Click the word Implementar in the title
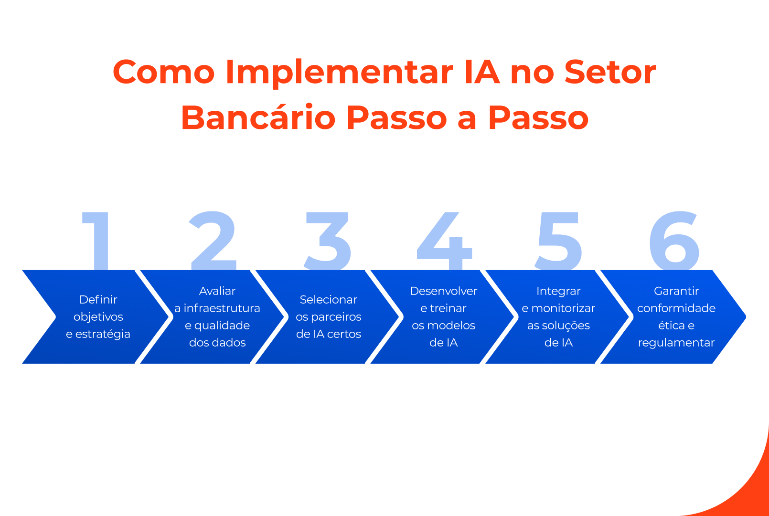339,73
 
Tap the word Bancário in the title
258,118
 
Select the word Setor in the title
610,72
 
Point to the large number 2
214,241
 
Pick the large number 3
328,241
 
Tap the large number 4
445,241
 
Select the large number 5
558,241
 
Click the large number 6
674,241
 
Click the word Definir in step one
98,299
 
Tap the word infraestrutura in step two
222,308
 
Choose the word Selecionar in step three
328,299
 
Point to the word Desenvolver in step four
443,291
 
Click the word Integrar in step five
558,291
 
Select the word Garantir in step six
676,291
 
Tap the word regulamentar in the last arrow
676,343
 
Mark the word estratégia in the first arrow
103,334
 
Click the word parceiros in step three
336,317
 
